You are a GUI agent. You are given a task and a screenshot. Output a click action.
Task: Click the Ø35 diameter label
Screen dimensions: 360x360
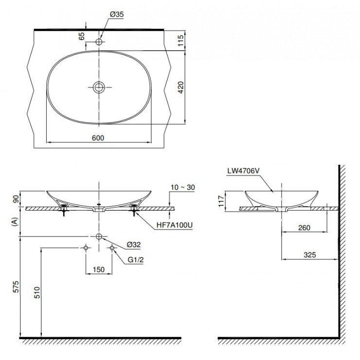pos(117,15)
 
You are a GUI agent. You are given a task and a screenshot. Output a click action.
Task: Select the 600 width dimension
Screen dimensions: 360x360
pos(98,138)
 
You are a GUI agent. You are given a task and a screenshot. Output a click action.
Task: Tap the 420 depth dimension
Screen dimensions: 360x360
pos(180,88)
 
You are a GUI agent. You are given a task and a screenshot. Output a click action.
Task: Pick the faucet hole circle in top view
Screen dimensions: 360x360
pos(99,42)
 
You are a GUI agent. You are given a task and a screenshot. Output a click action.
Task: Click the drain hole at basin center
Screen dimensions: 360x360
pos(99,88)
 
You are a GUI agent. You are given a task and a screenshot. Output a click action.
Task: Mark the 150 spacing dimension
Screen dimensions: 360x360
pos(99,270)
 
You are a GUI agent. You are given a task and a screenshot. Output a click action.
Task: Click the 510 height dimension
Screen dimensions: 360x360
pos(36,292)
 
